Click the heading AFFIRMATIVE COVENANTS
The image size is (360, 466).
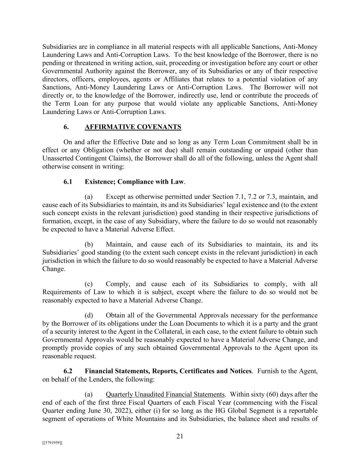[133, 127]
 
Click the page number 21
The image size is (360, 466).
[180, 436]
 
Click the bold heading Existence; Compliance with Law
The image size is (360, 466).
[134, 182]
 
